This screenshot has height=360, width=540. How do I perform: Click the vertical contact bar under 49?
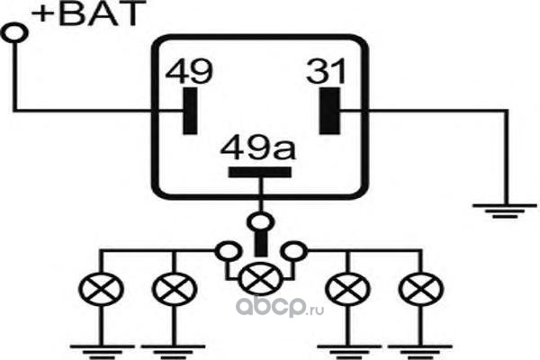188,110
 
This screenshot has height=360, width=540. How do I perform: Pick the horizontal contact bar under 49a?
258,172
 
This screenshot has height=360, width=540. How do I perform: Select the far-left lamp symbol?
96,290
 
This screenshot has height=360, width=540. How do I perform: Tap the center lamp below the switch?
259,276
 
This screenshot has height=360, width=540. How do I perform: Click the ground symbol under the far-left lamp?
96,346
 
